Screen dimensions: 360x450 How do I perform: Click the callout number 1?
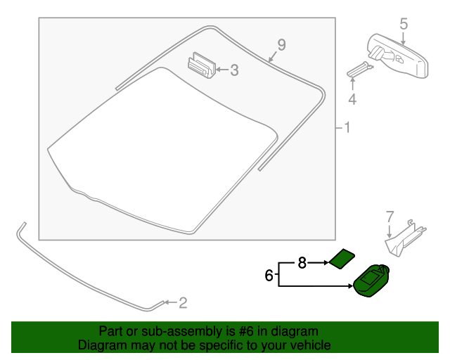click(x=346, y=128)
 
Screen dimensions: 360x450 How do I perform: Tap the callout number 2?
click(x=183, y=303)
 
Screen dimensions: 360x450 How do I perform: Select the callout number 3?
click(x=234, y=70)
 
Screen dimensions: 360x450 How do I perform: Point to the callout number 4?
click(x=352, y=100)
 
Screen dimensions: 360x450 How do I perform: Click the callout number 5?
click(x=404, y=25)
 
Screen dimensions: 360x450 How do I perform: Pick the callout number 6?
click(x=269, y=276)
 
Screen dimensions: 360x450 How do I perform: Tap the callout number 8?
click(x=302, y=263)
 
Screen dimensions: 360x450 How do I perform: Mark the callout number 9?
click(x=281, y=45)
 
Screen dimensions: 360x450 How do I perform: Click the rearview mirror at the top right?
click(x=397, y=54)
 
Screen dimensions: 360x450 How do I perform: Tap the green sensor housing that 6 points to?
click(x=373, y=281)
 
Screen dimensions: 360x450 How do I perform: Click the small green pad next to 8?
click(x=342, y=259)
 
